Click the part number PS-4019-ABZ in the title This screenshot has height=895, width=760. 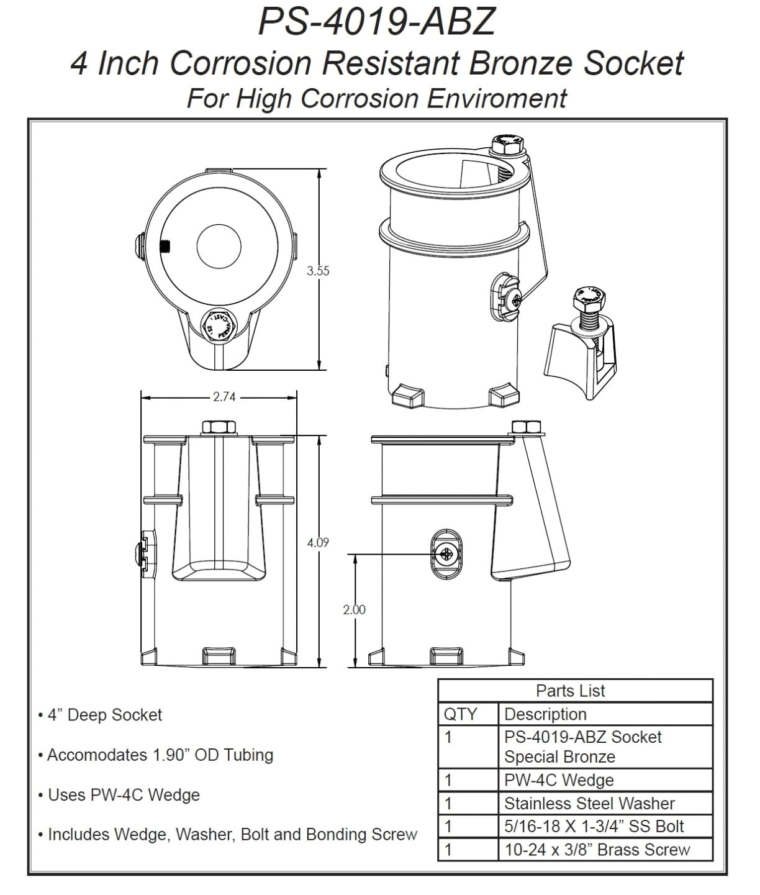(x=377, y=21)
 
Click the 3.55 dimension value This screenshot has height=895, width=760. (x=318, y=271)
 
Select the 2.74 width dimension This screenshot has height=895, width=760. (x=224, y=396)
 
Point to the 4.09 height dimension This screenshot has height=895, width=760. (x=318, y=542)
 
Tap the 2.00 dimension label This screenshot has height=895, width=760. (x=355, y=609)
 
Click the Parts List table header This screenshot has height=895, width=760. (x=570, y=691)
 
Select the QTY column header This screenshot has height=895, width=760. (x=460, y=714)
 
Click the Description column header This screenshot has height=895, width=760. (x=545, y=714)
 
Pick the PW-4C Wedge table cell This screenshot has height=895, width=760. (x=559, y=780)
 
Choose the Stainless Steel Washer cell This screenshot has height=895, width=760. (x=589, y=804)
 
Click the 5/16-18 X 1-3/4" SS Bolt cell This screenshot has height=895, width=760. (x=594, y=827)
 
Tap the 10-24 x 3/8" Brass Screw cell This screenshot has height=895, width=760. (x=597, y=850)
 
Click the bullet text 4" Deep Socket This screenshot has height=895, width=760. (x=104, y=715)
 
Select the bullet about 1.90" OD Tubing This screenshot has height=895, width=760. (x=160, y=755)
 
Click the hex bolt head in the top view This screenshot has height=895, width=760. (x=219, y=325)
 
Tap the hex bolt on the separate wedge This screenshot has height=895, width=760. (x=588, y=301)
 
